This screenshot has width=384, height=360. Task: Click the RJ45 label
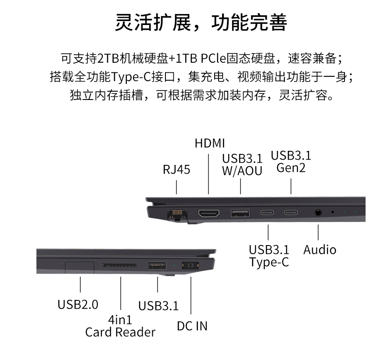tap(176, 170)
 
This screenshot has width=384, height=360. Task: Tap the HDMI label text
tap(210, 143)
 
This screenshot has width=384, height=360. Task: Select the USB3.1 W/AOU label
tap(242, 164)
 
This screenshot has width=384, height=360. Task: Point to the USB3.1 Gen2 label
tap(291, 161)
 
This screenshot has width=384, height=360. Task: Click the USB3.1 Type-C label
tap(269, 256)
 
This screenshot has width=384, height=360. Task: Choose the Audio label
tap(319, 250)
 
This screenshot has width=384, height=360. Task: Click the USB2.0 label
tap(78, 304)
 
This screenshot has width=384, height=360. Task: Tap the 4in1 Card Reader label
tap(120, 326)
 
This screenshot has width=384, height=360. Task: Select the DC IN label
tap(192, 326)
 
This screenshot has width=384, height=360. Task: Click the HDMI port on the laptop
tap(209, 213)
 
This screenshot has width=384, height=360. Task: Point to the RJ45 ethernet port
tap(177, 214)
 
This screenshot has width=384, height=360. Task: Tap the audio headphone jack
tap(318, 212)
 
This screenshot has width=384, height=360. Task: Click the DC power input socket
tap(190, 265)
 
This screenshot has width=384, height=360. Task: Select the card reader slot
tap(119, 265)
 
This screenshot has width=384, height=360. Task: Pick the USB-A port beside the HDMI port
tap(240, 213)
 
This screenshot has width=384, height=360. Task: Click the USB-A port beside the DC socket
tap(157, 265)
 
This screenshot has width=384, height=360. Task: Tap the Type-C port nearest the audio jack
tap(291, 212)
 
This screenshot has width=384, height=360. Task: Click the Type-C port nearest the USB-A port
tap(267, 212)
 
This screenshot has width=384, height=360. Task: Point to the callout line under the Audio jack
tap(318, 232)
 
